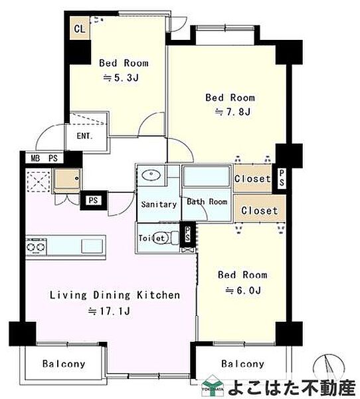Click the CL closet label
(80, 29)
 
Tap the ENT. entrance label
(84, 136)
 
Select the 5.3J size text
(121, 78)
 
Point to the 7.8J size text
(233, 112)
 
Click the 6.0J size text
(243, 290)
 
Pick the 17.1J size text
(110, 311)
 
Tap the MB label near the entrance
(36, 158)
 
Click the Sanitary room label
(159, 204)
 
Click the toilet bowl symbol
(161, 238)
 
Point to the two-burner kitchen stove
(36, 247)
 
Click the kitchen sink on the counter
(92, 246)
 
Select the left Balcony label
(64, 364)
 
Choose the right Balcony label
(243, 364)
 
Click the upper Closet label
(252, 179)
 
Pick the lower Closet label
(259, 210)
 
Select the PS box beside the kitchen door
(94, 200)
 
